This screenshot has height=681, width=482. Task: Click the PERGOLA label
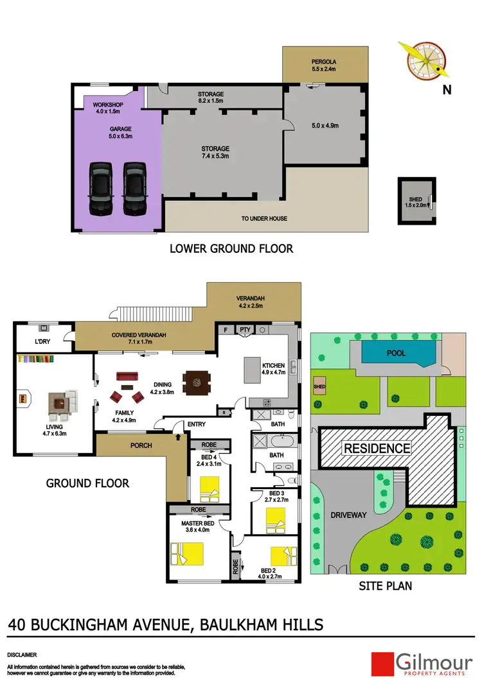tap(325, 63)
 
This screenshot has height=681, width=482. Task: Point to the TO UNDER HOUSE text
tap(264, 219)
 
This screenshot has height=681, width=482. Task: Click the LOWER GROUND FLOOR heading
tap(231, 248)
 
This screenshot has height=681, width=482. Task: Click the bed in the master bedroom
tap(187, 553)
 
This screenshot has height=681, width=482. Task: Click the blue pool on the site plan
tap(397, 352)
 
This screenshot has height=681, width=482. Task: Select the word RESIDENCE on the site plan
tap(376, 448)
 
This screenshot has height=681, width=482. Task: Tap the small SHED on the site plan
tap(319, 387)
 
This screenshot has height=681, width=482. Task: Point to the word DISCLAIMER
tap(22, 655)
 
